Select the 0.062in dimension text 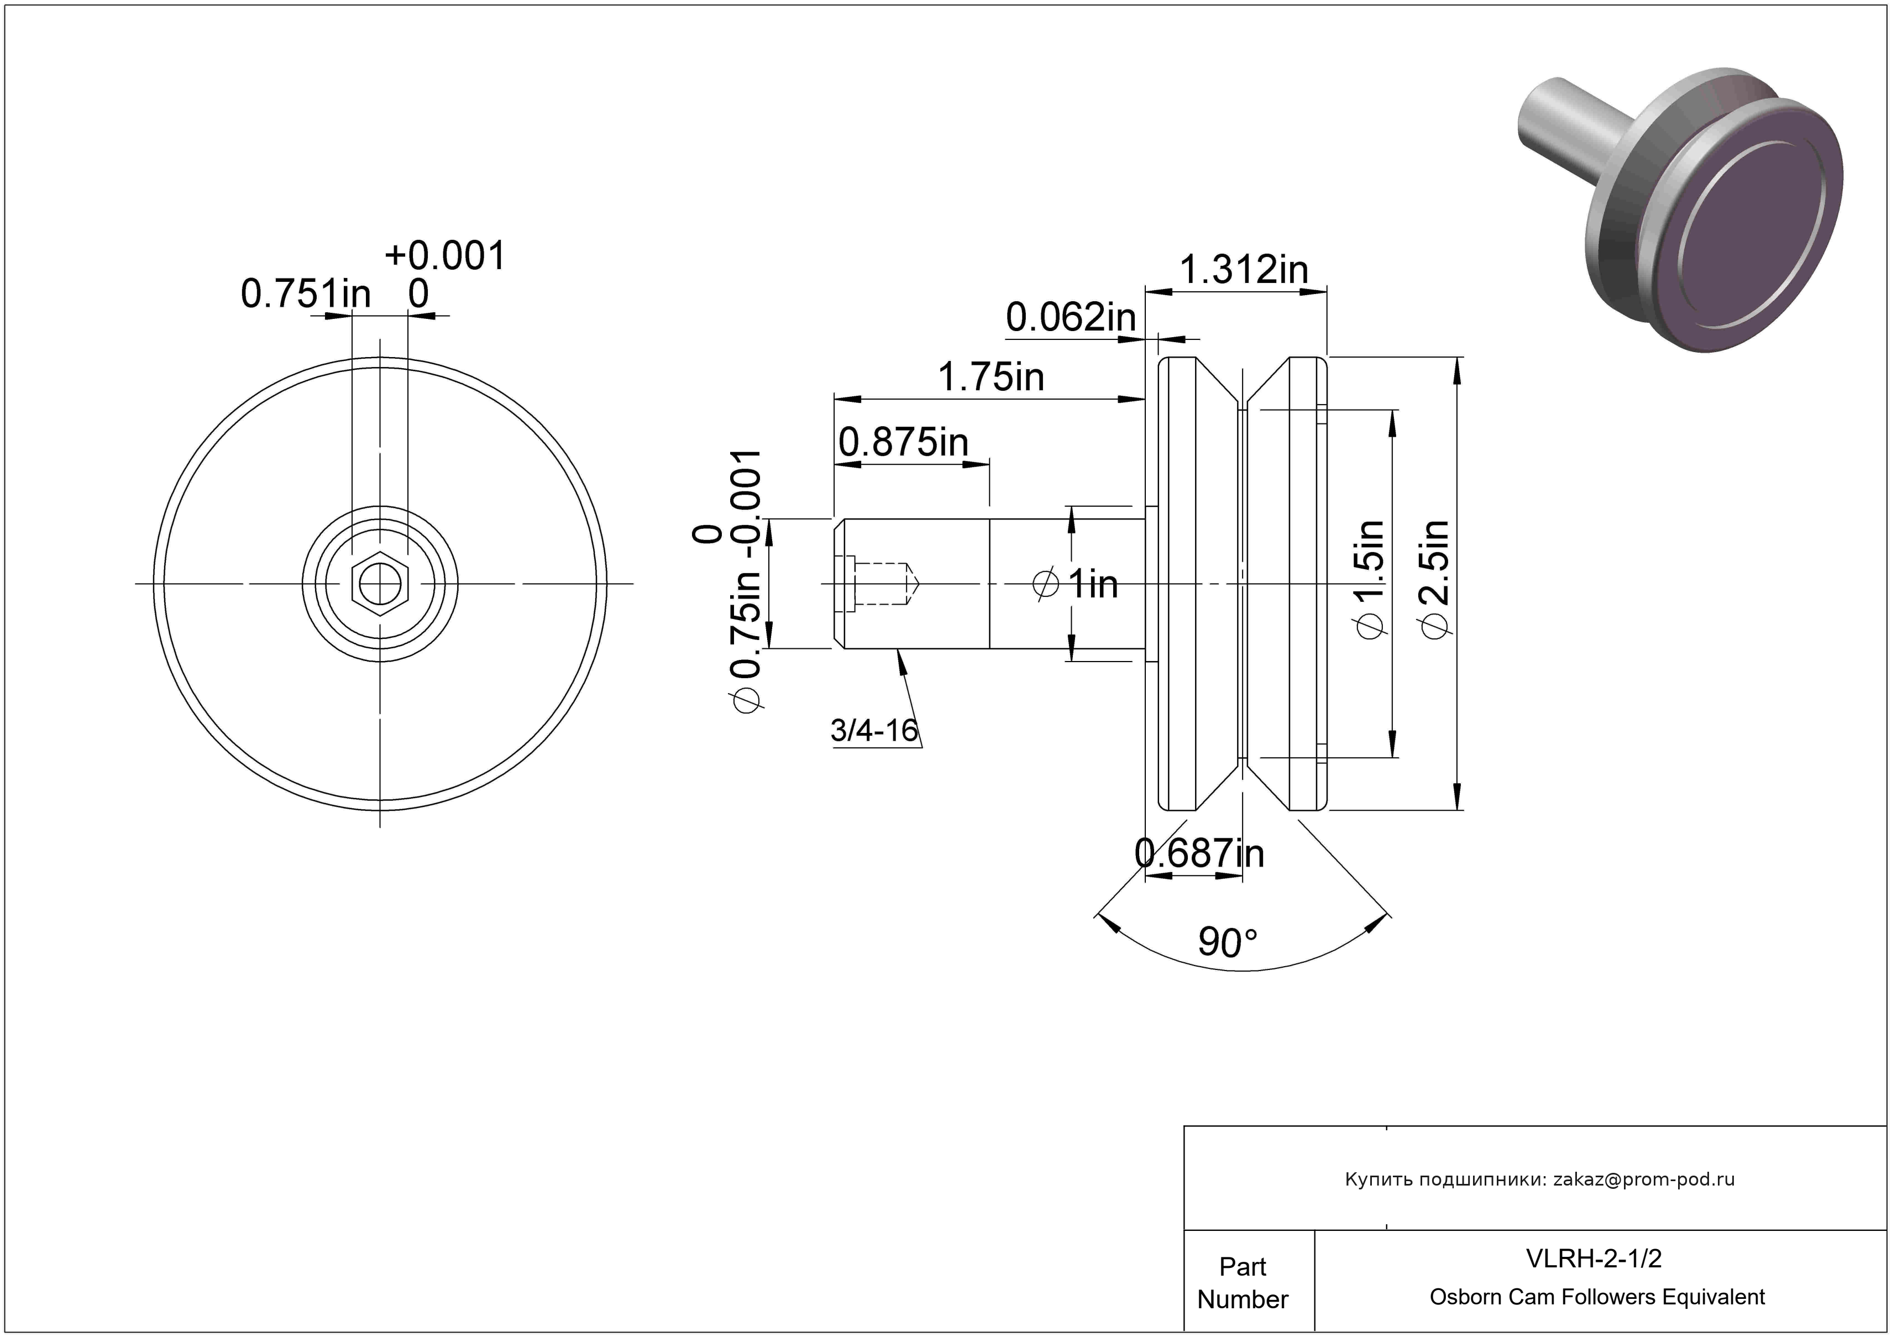click(x=1071, y=317)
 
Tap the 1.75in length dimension click(x=990, y=377)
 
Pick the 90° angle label click(x=1228, y=942)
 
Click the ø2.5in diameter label click(x=1435, y=578)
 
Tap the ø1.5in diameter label click(x=1370, y=578)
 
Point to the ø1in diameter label click(x=1076, y=584)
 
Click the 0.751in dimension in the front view click(x=306, y=293)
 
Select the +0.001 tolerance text click(x=445, y=255)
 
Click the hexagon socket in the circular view click(x=380, y=584)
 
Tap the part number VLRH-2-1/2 click(x=1594, y=1258)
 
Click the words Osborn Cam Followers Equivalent click(x=1597, y=1297)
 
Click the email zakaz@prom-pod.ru click(x=1644, y=1179)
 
